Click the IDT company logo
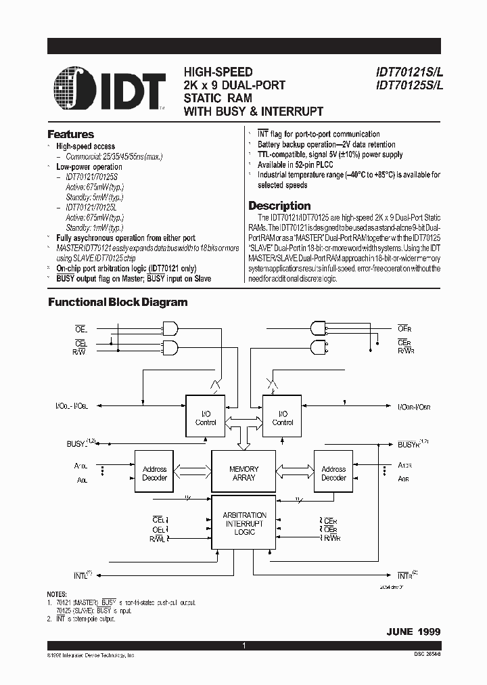click(x=110, y=88)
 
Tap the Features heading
click(x=70, y=134)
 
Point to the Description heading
click(x=279, y=206)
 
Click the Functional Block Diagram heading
click(x=118, y=303)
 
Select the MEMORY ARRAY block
click(x=243, y=473)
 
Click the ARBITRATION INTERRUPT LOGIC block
click(x=244, y=523)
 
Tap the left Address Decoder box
click(x=154, y=473)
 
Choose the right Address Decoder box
click(x=333, y=473)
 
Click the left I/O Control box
click(x=206, y=418)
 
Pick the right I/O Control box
click(x=282, y=418)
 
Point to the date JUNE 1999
click(x=413, y=631)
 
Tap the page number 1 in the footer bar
click(x=243, y=646)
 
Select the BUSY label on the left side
click(x=76, y=443)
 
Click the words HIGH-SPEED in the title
click(x=218, y=72)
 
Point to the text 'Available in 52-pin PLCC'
click(x=300, y=164)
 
